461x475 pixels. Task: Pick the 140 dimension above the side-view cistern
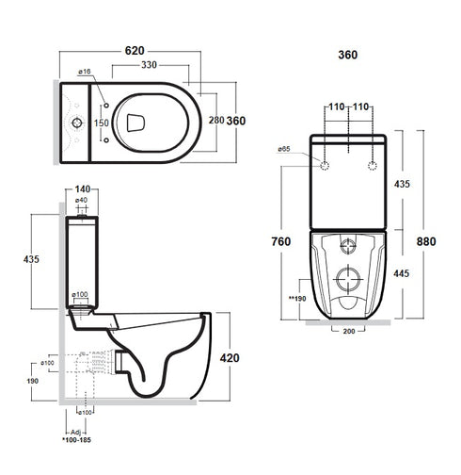pos(85,188)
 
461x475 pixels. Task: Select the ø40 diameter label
pos(82,201)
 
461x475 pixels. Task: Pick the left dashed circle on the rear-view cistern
pos(326,167)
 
